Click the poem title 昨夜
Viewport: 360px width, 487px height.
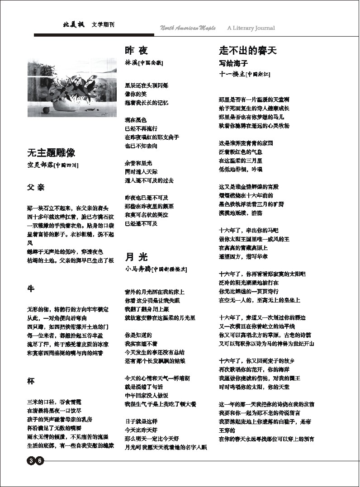coord(136,51)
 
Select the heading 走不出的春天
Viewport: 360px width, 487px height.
coord(247,51)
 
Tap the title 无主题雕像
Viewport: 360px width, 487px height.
coord(51,152)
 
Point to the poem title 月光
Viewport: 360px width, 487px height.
coord(136,257)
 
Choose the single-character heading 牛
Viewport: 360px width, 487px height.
coord(31,289)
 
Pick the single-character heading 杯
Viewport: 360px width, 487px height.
coord(31,381)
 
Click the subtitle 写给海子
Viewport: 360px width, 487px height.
coord(233,63)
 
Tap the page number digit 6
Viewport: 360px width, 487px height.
coord(40,461)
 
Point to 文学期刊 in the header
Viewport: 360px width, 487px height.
coord(103,24)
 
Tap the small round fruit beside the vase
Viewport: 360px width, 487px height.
coord(45,110)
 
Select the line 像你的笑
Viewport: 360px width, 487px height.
coord(135,94)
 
